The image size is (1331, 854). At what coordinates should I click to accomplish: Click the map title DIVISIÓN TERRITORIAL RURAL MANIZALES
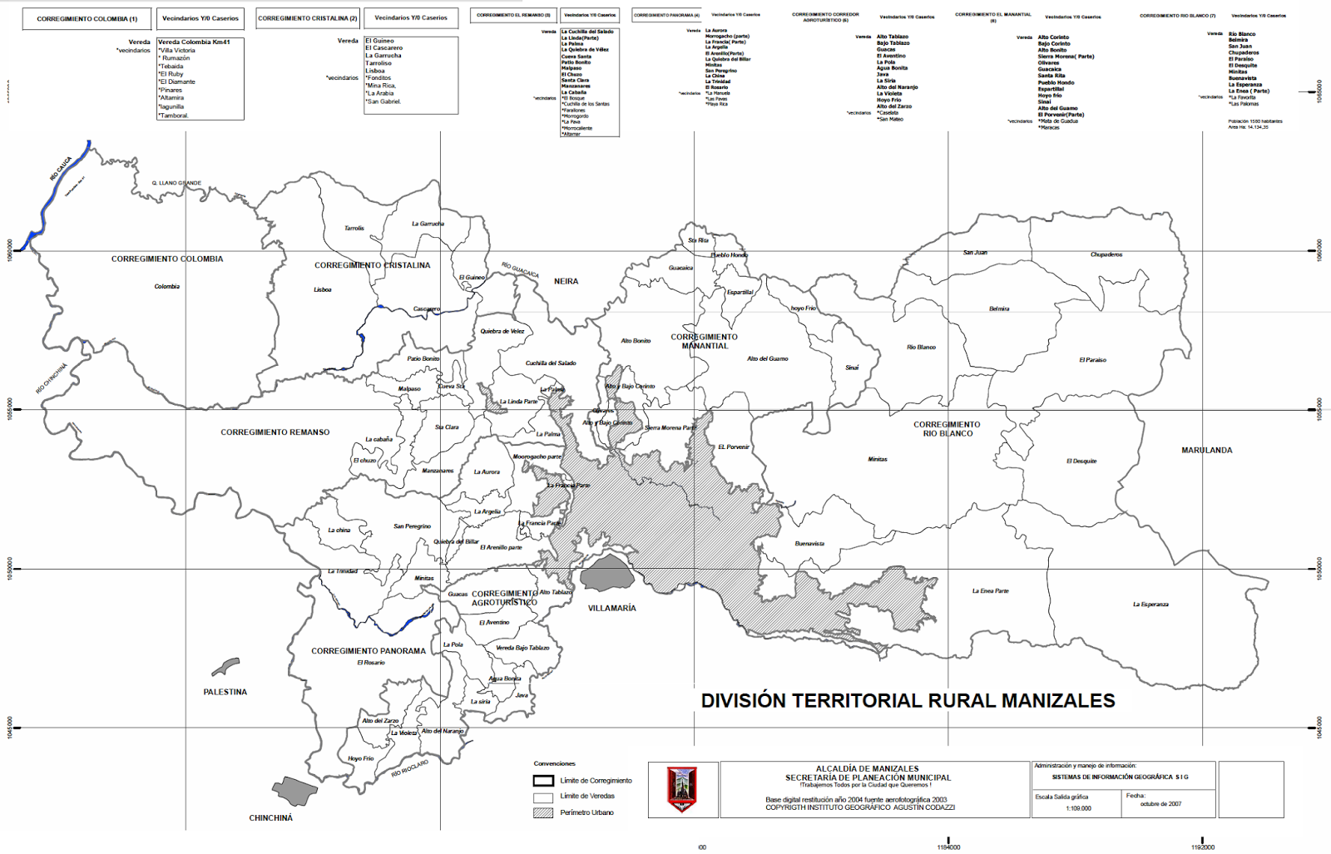coord(908,701)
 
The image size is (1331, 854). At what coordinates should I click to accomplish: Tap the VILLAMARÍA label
coord(611,609)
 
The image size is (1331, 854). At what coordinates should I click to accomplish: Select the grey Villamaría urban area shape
coord(607,574)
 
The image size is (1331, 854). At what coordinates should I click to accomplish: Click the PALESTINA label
coord(225,692)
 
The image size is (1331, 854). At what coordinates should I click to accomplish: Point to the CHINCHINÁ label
coord(270,818)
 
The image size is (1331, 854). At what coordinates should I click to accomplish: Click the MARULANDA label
coord(1206,451)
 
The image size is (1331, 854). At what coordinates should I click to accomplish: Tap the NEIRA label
coord(566,282)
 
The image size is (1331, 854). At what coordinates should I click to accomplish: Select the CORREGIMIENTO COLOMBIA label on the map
coord(167,259)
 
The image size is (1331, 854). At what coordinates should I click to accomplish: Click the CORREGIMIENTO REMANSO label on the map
coord(275,432)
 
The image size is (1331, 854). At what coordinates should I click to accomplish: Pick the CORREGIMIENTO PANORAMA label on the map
coord(368,651)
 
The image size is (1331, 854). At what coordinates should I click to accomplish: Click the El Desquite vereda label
coord(1081,462)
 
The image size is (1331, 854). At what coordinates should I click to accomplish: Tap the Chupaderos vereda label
coord(1106,254)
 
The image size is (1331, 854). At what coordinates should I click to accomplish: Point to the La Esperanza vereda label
coord(1150,605)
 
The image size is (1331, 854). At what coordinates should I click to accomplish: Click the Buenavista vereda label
coord(809,544)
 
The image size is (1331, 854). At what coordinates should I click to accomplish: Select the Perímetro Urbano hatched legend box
coord(543,812)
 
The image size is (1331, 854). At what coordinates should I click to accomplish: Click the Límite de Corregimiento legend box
coord(543,781)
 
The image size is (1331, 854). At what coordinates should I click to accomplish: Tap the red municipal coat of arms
coord(682,789)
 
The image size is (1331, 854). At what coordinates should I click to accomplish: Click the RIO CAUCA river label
coord(61,169)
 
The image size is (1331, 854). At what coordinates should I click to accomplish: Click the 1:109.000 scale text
coord(1078,808)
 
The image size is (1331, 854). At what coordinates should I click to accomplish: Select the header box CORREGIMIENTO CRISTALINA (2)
coord(307,18)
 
